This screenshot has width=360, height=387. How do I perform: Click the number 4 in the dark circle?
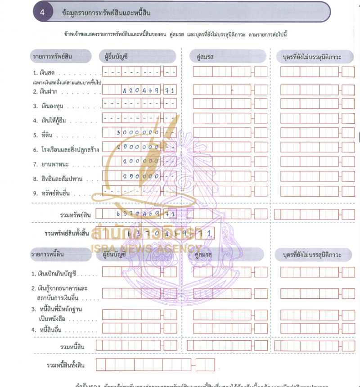(42, 13)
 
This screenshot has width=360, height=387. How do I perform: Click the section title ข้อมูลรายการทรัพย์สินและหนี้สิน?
(106, 13)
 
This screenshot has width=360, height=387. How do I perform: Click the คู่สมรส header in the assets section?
(204, 57)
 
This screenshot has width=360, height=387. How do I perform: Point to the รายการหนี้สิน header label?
(48, 255)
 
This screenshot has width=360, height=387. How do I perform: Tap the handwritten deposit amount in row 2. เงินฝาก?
(148, 90)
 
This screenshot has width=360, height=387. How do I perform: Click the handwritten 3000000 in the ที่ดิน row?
(138, 133)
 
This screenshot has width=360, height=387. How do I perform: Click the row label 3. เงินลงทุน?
(50, 106)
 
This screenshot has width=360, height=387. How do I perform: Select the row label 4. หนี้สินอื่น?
(52, 330)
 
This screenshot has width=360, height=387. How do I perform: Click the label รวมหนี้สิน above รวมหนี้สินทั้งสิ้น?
(72, 346)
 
